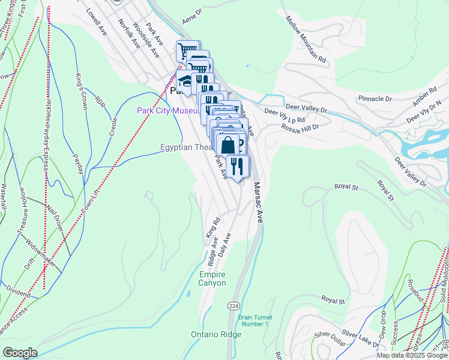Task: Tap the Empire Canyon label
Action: (x=212, y=278)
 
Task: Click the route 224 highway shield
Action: (x=234, y=305)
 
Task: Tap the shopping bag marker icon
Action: (x=228, y=145)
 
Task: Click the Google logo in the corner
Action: (x=20, y=353)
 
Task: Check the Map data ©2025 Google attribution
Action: (x=412, y=355)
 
